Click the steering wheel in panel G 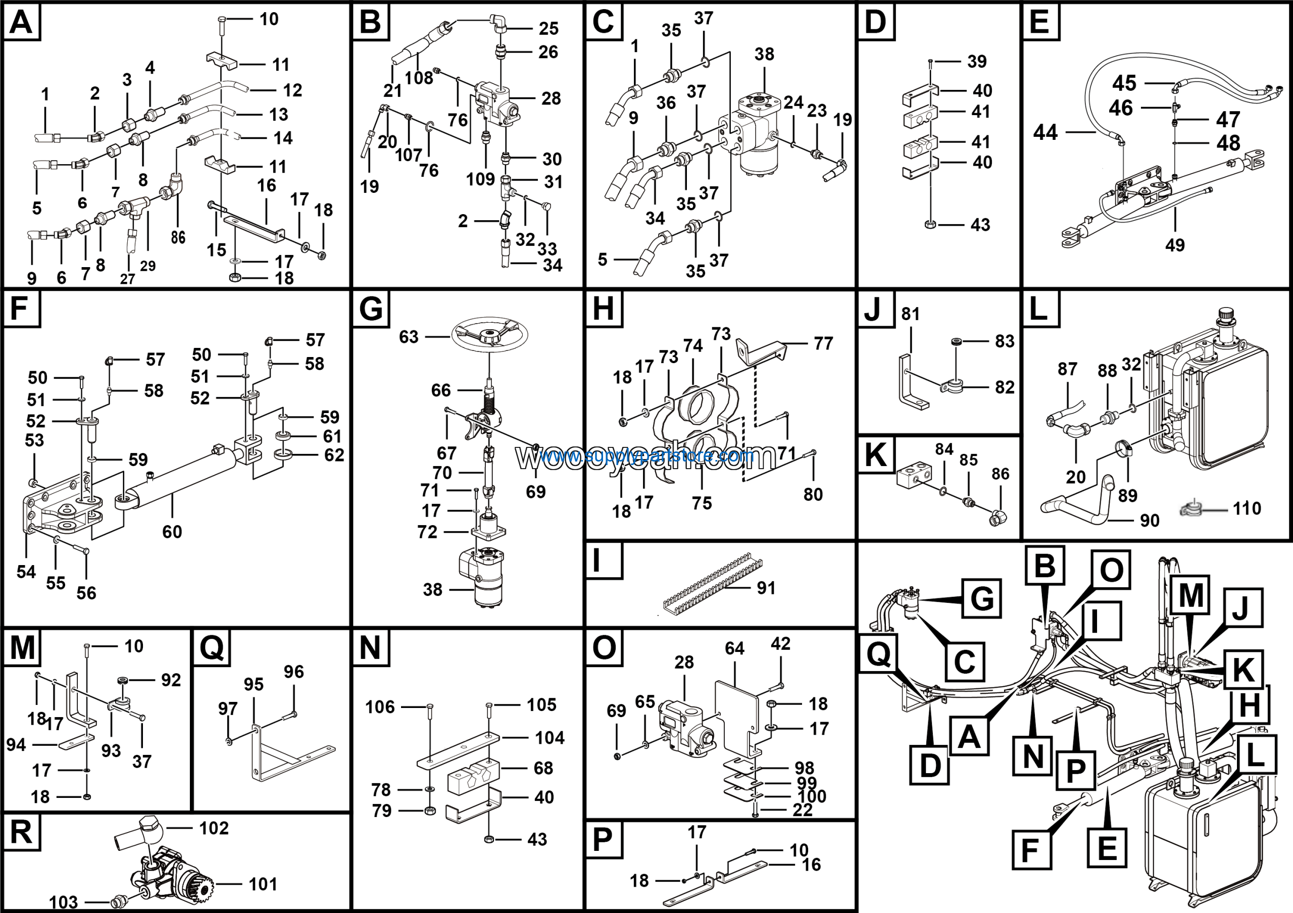tap(489, 335)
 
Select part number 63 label tap(409, 337)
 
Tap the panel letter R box tap(21, 831)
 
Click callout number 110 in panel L tap(1246, 509)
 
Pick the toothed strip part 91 tap(712, 583)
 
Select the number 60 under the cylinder tap(172, 531)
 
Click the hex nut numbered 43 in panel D tap(930, 224)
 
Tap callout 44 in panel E tap(1045, 132)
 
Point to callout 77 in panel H tap(823, 343)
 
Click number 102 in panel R tap(214, 828)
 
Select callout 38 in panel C tap(764, 54)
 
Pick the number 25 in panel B tap(549, 28)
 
